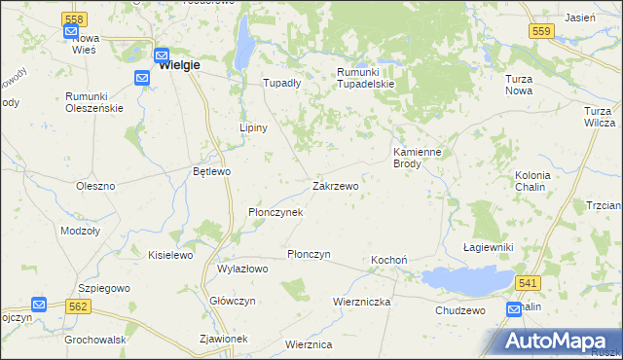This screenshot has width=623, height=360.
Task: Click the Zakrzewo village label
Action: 335,185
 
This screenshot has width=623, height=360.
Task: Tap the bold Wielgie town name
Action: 178,65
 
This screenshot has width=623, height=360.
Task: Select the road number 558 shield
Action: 72,18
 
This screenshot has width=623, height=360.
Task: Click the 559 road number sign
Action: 543,31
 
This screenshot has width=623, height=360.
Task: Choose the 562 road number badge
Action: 79,305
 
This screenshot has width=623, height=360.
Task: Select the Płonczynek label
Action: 276,211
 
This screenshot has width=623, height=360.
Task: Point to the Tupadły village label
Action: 282,83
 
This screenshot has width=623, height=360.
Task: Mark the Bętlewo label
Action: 211,171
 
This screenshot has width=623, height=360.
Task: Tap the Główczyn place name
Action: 233,301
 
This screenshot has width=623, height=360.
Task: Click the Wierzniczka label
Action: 361,302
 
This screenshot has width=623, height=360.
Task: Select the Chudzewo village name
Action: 460,309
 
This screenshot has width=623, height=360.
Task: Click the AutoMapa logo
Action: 558,341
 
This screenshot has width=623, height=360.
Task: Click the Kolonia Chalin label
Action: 532,181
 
